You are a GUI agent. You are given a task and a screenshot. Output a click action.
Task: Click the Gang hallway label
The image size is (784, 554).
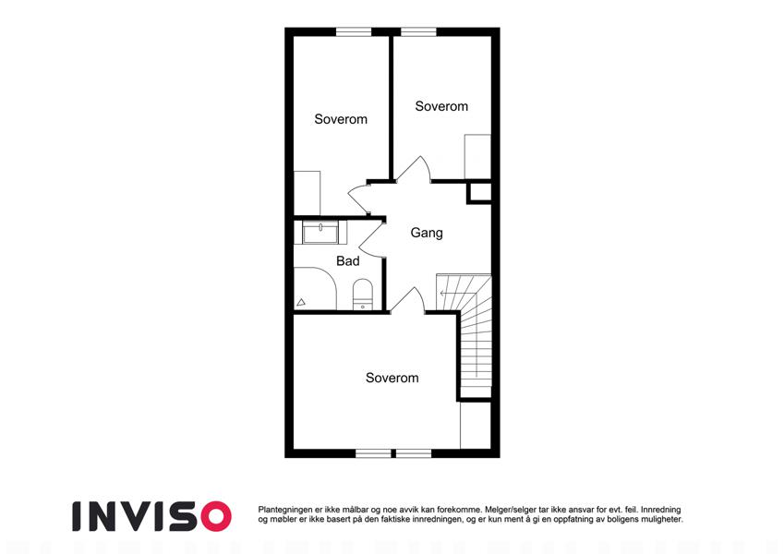point(427,233)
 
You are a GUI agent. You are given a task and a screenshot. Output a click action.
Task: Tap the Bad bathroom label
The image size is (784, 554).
point(348,261)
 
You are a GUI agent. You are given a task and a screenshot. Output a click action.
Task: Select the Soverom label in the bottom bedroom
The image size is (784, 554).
point(392,378)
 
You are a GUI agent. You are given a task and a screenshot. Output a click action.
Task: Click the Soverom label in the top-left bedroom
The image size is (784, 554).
point(341,119)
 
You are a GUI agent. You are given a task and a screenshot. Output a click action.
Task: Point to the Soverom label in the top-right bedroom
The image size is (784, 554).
point(441,106)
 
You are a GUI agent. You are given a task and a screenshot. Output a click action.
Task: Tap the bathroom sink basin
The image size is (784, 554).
point(320,233)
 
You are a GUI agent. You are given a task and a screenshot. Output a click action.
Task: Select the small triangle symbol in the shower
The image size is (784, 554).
point(301,302)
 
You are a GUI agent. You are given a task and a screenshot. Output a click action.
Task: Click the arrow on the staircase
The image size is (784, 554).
point(444,294)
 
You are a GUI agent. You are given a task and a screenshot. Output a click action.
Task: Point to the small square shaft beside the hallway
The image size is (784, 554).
point(479,193)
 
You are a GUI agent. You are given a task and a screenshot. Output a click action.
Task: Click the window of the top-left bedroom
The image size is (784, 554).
point(354,31)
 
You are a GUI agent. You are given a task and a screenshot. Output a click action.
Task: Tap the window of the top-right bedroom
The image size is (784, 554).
point(419,31)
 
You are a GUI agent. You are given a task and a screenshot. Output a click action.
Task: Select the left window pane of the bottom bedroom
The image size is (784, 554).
point(373,453)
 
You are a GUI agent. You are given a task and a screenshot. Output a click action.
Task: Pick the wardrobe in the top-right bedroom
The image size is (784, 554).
point(477,156)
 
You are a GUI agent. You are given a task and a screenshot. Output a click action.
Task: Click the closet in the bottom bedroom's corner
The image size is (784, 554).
point(476,425)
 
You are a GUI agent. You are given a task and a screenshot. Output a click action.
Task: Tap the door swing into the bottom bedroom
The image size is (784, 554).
point(408,300)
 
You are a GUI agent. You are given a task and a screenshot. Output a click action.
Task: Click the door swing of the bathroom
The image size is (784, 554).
point(372,240)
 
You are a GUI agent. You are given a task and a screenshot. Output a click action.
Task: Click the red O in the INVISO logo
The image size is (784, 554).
point(215,516)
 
